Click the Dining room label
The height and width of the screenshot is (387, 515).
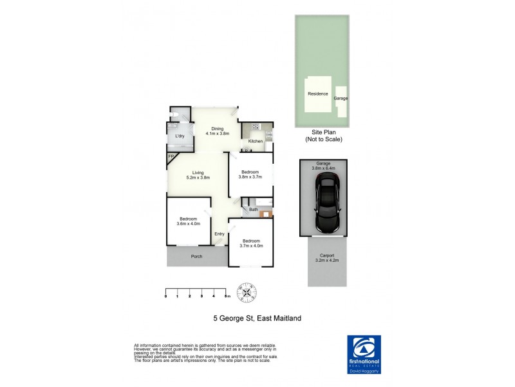217,131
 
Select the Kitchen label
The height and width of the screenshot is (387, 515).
256,141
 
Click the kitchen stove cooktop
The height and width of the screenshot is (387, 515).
256,126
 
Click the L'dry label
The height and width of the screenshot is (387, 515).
180,136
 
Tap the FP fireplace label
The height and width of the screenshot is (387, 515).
171,157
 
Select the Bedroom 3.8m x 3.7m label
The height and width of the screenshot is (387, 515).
250,174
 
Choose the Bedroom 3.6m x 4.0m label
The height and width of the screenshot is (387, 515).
189,221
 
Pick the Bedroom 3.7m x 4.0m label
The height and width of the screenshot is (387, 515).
252,243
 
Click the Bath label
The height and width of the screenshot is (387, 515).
254,210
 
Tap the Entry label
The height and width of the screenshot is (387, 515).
220,234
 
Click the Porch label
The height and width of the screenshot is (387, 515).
196,257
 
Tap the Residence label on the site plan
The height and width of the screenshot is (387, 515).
317,94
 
